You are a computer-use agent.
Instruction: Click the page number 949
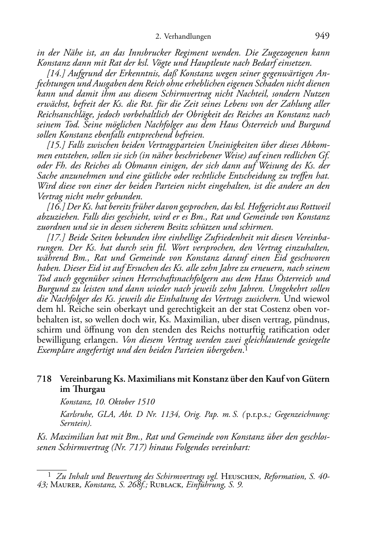(322, 36)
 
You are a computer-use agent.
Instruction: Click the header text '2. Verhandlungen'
(183, 37)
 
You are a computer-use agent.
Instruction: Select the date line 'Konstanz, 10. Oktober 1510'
(107, 401)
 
